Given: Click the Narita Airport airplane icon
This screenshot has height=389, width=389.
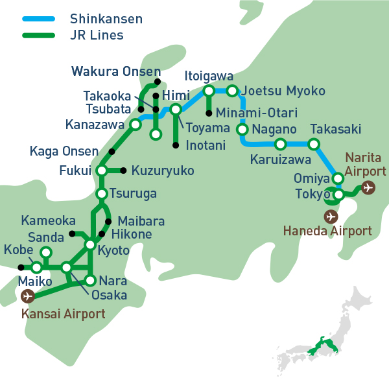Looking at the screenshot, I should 368,188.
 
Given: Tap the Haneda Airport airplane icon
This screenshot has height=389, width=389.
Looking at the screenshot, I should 331,216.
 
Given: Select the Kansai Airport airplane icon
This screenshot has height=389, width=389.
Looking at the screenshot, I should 27,296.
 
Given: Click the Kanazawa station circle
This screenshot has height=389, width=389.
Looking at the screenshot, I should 136,124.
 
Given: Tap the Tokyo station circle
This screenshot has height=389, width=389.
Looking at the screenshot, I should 338,194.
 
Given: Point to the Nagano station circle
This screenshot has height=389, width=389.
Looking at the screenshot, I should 242,129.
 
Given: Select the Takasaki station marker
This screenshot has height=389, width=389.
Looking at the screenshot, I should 314,144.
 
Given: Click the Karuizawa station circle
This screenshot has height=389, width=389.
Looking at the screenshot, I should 281,144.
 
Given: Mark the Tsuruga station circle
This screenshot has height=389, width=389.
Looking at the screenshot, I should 102,194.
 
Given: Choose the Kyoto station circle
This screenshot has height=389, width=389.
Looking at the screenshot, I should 90,244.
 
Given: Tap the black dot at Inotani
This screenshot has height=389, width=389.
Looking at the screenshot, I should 176,145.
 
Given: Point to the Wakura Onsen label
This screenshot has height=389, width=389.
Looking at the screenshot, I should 115,71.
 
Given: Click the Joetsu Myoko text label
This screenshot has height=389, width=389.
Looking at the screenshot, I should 283,91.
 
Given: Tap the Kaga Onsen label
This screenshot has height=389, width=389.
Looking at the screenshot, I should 64,151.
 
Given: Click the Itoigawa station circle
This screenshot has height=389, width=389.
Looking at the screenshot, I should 209,91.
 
